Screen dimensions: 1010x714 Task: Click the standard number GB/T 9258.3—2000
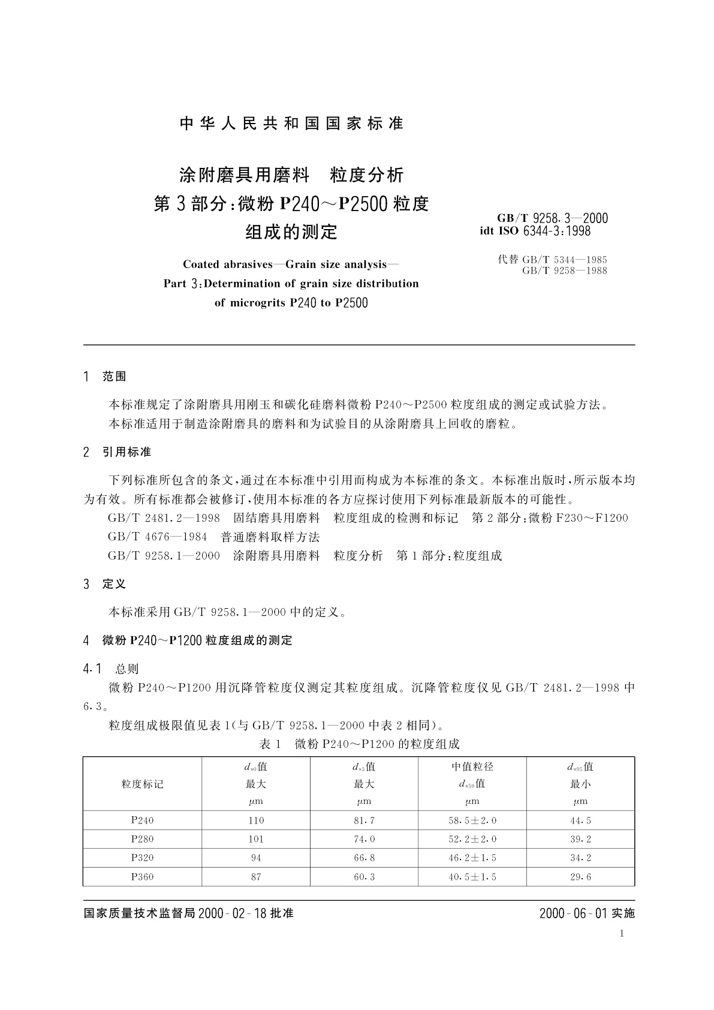pyautogui.click(x=552, y=219)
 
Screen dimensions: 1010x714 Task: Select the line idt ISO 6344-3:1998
pyautogui.click(x=535, y=231)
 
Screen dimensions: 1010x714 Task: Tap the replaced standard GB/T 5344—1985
pyautogui.click(x=564, y=260)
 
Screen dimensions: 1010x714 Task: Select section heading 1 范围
pyautogui.click(x=105, y=377)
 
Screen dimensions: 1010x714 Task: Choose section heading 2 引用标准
pyautogui.click(x=117, y=452)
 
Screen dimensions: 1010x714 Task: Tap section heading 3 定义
pyautogui.click(x=105, y=584)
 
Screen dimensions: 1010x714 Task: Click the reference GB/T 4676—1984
pyautogui.click(x=158, y=537)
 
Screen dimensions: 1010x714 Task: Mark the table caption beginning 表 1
pyautogui.click(x=358, y=744)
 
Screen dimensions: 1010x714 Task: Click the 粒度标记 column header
pyautogui.click(x=142, y=784)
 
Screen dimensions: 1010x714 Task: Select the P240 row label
pyautogui.click(x=142, y=820)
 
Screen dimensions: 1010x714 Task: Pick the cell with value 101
pyautogui.click(x=256, y=839)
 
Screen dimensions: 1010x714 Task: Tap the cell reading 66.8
pyautogui.click(x=364, y=858)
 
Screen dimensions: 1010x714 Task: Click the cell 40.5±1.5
pyautogui.click(x=472, y=877)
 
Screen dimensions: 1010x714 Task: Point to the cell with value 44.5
pyautogui.click(x=580, y=820)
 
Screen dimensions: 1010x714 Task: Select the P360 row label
pyautogui.click(x=142, y=877)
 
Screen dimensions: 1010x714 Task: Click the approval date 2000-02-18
pyautogui.click(x=232, y=914)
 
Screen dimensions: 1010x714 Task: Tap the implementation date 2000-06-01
pyautogui.click(x=574, y=914)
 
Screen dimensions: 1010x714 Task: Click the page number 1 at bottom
pyautogui.click(x=622, y=934)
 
